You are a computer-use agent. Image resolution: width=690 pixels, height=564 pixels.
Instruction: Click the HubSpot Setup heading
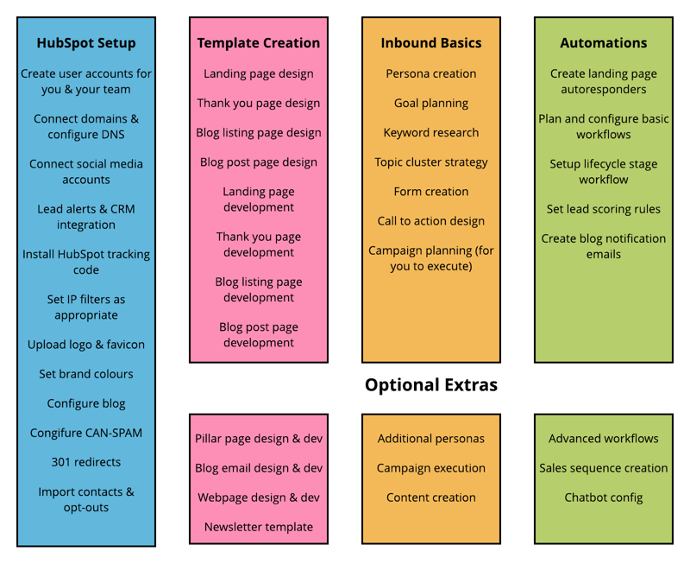coord(86,43)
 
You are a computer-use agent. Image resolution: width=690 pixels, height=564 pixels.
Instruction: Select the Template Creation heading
coord(259,43)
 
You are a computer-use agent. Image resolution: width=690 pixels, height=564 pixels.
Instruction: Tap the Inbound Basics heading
coord(431,43)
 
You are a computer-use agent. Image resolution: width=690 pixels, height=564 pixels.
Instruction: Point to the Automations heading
coord(604,43)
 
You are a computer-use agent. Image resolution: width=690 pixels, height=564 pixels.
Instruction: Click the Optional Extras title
coord(431,384)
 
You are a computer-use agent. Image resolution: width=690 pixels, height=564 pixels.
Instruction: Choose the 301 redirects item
coord(86,462)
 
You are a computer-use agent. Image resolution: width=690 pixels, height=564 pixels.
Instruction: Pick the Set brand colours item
coord(86,374)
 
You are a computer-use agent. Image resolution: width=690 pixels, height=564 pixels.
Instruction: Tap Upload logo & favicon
coord(86,345)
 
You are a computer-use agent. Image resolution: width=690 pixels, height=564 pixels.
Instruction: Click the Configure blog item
coord(86,403)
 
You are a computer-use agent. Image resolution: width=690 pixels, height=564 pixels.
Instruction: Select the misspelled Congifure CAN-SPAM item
coord(86,433)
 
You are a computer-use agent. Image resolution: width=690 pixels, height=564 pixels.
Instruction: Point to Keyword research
coord(431,133)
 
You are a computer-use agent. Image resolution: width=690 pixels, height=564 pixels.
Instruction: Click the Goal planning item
coord(431,103)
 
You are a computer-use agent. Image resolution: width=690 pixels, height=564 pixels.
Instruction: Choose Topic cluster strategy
coord(431,162)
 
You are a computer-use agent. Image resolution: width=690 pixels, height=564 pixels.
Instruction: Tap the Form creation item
coord(431,192)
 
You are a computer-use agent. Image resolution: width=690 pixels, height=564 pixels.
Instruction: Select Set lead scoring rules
coord(604,209)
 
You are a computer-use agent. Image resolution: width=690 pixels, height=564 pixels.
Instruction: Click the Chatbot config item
coord(604,497)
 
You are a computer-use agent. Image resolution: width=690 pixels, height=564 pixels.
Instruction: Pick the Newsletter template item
coord(259,527)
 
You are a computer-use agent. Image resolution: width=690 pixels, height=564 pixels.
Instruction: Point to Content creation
coord(431,497)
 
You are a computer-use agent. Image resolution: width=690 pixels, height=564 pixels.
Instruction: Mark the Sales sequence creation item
coord(604,468)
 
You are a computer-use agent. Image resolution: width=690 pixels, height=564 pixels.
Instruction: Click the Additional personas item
coord(431,439)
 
